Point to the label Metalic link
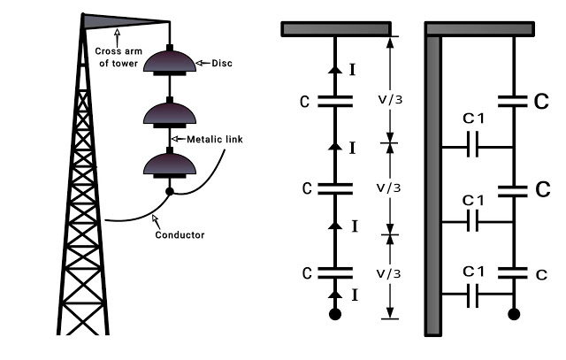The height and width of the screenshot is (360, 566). pos(209,140)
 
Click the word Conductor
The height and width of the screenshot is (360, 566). pos(180,234)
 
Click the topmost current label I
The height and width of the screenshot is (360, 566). pos(353,66)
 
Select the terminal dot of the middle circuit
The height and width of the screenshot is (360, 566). pos(334,314)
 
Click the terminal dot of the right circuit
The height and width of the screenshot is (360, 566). pos(514,314)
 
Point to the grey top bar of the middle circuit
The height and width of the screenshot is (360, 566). pos(335,29)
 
